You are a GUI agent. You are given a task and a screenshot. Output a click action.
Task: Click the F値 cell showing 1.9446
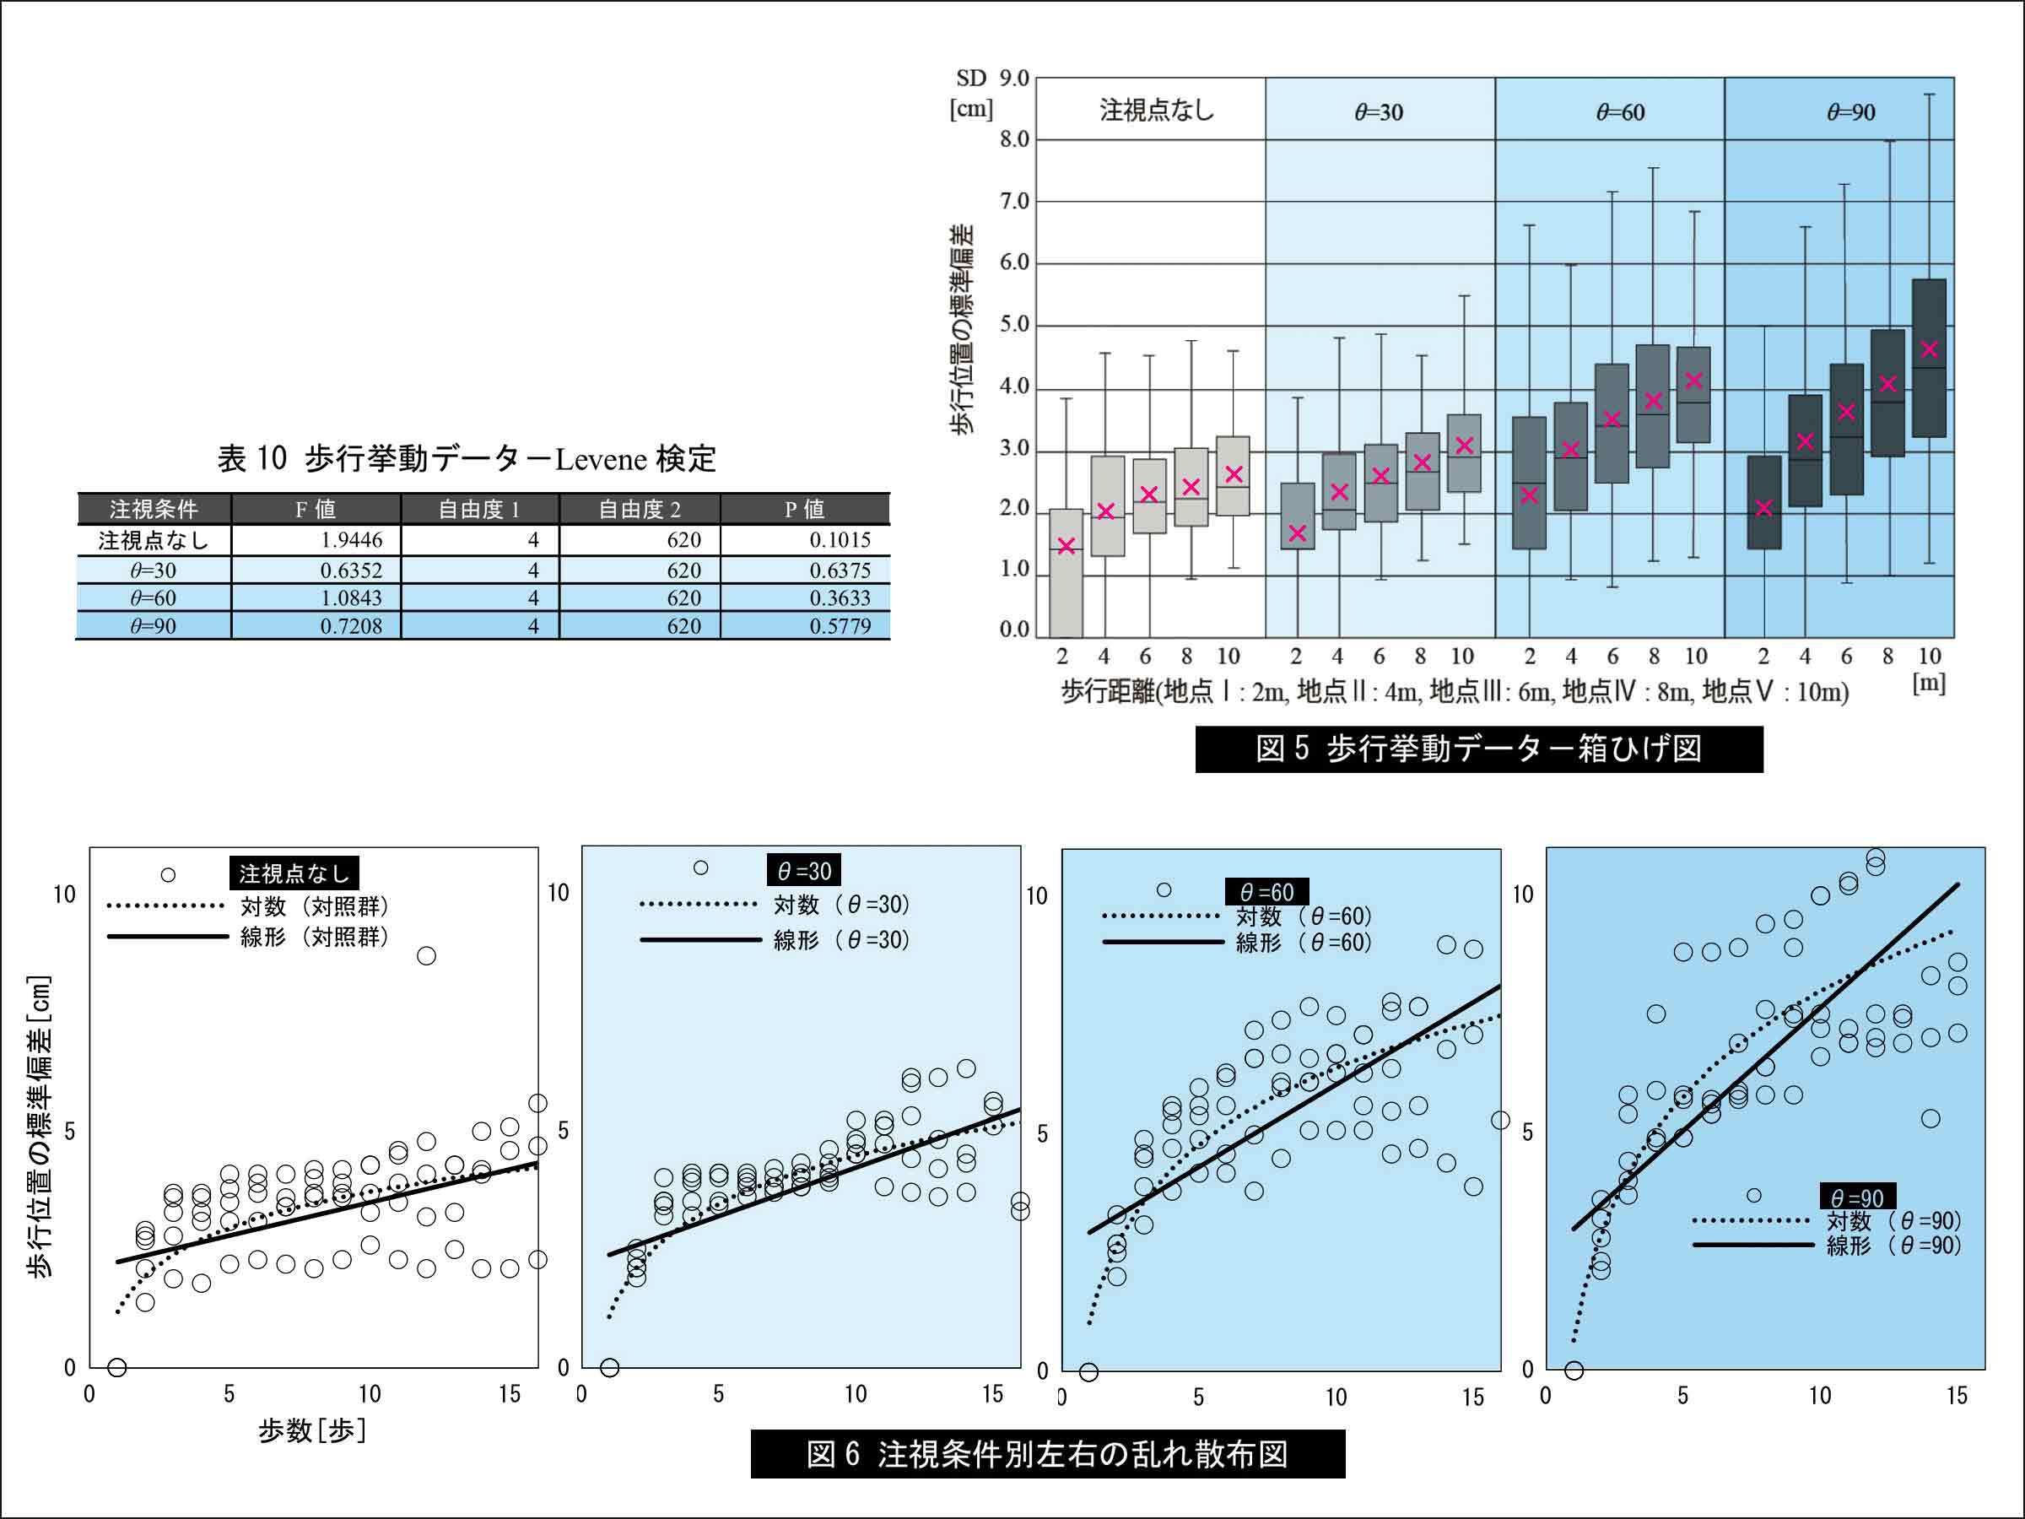(351, 540)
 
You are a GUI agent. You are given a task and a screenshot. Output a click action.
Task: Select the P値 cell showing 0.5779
(840, 626)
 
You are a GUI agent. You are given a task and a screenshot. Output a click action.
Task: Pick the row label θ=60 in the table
(153, 597)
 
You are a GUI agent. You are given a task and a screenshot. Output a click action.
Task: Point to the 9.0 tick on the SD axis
(1013, 78)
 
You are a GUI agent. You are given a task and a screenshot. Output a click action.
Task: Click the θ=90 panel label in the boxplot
(1851, 112)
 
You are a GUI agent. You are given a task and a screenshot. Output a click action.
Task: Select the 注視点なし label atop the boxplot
(1156, 111)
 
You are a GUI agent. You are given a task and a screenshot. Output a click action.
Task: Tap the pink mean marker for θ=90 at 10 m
(1929, 349)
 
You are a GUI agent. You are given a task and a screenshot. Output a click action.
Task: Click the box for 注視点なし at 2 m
(1066, 573)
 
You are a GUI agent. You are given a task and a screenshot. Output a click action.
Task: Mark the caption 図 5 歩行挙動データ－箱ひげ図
(1478, 749)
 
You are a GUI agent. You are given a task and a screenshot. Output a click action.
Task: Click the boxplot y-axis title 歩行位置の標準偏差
(962, 330)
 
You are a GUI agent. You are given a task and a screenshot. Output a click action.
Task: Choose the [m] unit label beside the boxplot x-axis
(1929, 684)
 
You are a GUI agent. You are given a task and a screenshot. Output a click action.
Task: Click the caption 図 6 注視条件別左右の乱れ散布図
(1047, 1454)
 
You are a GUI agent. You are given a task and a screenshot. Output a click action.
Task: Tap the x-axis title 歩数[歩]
(312, 1430)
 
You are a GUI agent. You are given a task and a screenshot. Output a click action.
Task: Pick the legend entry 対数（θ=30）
(840, 905)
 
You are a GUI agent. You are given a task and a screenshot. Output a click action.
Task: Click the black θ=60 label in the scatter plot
(1266, 892)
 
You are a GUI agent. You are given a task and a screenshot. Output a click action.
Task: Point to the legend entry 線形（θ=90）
(1893, 1246)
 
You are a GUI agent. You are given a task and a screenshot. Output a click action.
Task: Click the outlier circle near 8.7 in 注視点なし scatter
(426, 956)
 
